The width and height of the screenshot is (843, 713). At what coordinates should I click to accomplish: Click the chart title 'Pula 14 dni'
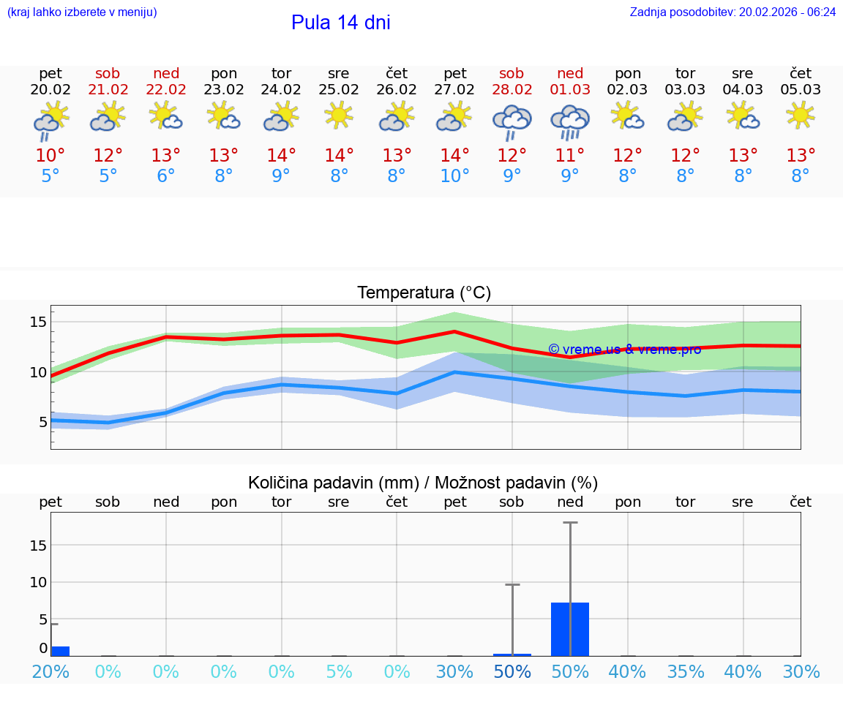click(340, 23)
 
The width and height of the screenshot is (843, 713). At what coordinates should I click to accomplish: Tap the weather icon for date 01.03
click(570, 121)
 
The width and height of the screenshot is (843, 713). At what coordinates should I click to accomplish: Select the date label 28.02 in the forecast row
click(512, 90)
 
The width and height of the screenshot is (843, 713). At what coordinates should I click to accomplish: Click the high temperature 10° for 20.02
click(50, 155)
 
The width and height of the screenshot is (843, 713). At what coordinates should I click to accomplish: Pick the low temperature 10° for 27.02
click(454, 176)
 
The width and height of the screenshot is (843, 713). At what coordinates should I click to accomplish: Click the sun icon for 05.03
click(801, 115)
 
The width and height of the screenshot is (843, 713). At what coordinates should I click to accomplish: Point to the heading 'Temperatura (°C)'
click(424, 293)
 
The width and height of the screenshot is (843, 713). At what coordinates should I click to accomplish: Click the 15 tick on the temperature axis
click(39, 322)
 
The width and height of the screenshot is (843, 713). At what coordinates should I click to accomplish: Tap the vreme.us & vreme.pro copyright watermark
click(624, 350)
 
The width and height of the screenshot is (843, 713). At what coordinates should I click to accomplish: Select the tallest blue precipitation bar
click(570, 629)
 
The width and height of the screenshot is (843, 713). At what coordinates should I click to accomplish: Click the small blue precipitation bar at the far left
click(60, 651)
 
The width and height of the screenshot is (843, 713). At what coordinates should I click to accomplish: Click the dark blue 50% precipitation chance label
click(512, 671)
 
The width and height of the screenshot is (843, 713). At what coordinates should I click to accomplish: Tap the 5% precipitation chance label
click(339, 671)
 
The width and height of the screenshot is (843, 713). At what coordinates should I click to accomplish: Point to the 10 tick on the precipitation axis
click(38, 582)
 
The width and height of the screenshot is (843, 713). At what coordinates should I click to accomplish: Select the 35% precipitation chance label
click(686, 671)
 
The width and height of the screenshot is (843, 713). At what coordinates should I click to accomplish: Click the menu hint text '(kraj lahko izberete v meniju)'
click(82, 12)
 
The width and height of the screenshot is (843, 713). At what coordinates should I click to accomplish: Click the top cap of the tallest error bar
click(570, 523)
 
